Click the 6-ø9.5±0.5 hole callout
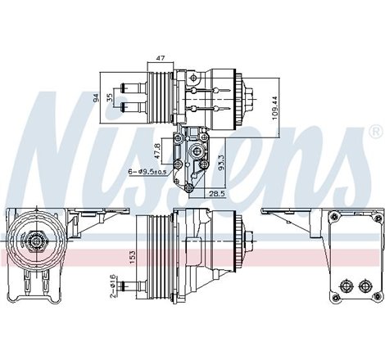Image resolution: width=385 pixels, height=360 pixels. coord(147,171)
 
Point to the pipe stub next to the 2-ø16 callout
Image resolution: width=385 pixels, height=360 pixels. coord(129,263)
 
